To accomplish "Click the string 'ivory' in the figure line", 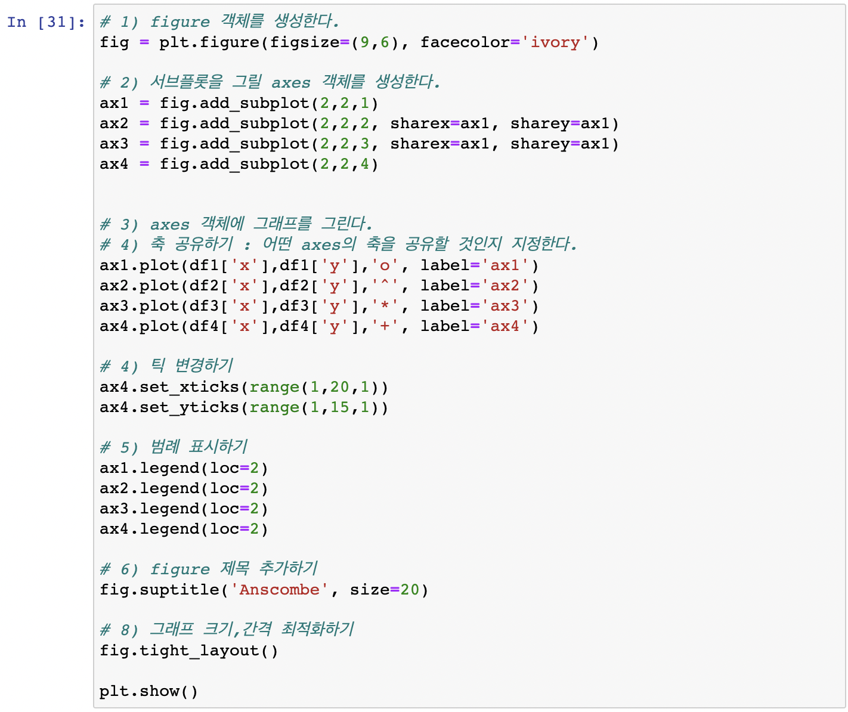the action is pos(555,43).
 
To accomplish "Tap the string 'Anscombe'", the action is pos(279,590).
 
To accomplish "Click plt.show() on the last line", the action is pos(148,692).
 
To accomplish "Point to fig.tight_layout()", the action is pos(188,651).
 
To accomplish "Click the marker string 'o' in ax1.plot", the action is pos(385,266).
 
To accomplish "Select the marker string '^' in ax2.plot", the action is pos(385,286).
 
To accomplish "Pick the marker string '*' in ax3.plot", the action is pos(385,307).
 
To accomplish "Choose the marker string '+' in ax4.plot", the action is pos(385,327).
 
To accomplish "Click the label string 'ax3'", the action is pos(505,307).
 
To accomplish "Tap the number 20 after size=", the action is pos(410,590).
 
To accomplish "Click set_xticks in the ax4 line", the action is pos(189,388).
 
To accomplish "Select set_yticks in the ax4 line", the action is pos(189,408).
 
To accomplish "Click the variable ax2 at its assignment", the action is pos(114,124).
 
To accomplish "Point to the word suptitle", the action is pos(179,590).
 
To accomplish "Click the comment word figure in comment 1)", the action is pos(179,23).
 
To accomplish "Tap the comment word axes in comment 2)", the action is pos(291,83).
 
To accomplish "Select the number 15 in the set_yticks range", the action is pos(339,408).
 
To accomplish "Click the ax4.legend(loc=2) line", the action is pos(184,530).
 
